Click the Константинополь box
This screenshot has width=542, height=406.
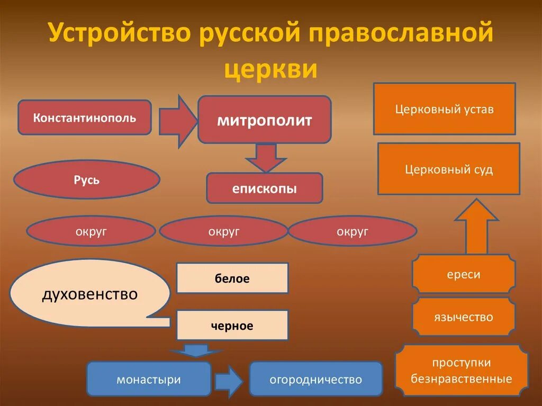(85, 117)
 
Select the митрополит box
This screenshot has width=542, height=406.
(264, 120)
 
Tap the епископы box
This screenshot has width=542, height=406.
(264, 188)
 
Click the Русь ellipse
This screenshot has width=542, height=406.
(86, 180)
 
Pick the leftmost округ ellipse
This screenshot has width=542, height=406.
(91, 231)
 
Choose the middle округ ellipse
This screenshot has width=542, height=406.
(223, 231)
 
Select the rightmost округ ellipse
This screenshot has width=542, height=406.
(353, 231)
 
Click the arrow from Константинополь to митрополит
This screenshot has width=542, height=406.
(178, 121)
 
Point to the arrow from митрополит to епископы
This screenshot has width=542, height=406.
(264, 157)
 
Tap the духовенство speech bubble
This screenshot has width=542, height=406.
(89, 293)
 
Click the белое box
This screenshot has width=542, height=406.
(232, 278)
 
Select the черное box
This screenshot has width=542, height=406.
(232, 326)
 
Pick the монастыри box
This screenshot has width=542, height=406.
(149, 379)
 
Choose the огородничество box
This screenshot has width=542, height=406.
(315, 379)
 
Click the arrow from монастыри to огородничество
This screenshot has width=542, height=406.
(229, 379)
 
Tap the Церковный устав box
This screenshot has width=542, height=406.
(444, 109)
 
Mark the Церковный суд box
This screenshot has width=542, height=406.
(448, 169)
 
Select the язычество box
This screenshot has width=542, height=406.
(463, 317)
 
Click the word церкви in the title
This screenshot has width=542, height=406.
(270, 69)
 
